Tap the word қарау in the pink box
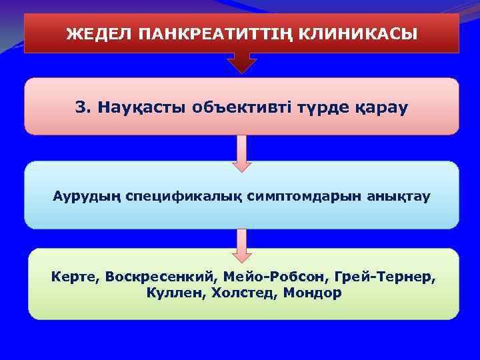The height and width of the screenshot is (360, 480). click(x=378, y=107)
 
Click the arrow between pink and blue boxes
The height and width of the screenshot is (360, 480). click(x=241, y=153)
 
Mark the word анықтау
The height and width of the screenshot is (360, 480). click(x=377, y=197)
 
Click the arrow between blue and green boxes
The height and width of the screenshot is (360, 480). click(x=241, y=244)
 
